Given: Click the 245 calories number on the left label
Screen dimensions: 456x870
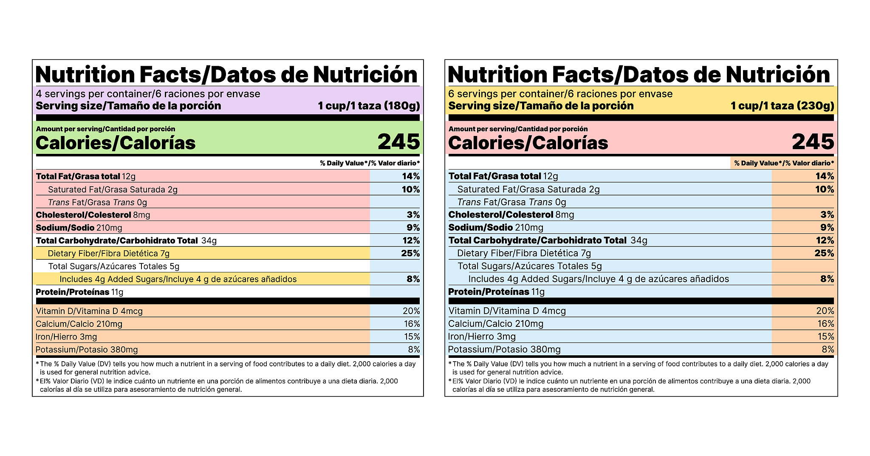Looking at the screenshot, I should [398, 142].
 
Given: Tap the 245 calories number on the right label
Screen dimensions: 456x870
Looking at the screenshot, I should [813, 142].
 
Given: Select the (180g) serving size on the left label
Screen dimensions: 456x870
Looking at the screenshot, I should [401, 106].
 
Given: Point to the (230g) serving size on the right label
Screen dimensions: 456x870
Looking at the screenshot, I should [815, 106].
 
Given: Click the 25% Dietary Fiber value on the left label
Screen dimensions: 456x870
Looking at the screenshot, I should [410, 253].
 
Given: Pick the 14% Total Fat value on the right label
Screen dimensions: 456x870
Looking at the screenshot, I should [825, 176].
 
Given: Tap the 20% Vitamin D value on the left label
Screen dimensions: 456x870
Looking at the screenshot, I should [411, 311].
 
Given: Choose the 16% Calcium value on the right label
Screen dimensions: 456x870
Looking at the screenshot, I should [825, 324].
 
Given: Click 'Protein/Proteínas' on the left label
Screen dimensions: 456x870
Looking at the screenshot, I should [72, 292].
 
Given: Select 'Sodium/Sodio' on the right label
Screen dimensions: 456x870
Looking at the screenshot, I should [480, 227].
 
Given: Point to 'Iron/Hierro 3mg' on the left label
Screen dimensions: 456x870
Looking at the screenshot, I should [66, 337].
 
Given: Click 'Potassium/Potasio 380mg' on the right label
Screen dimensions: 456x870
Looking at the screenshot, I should [504, 349].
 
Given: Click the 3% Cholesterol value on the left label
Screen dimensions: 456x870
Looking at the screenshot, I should [413, 215].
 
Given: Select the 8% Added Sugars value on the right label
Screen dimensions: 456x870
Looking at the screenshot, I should [827, 279].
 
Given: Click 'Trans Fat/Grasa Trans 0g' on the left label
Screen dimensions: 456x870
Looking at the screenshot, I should [97, 202].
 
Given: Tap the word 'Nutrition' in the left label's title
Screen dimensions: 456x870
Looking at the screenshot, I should [85, 75].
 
